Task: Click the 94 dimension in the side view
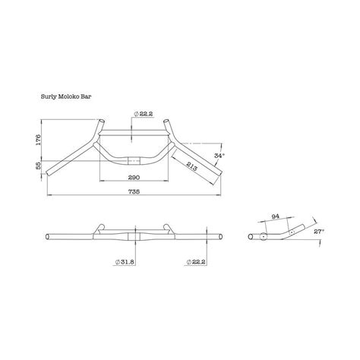coord(275,216)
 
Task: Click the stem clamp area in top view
coord(134,159)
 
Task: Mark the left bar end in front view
coord(49,237)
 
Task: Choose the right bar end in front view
coord(219,237)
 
